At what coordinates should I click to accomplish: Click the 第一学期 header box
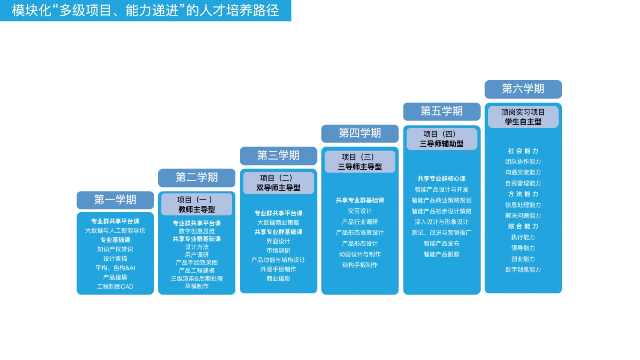click(x=115, y=200)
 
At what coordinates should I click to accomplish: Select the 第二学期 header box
click(x=196, y=178)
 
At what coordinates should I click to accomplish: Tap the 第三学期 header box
click(x=278, y=156)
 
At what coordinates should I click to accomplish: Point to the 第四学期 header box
click(x=360, y=133)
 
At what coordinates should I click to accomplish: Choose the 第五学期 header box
click(x=442, y=111)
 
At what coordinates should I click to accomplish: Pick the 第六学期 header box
click(x=523, y=89)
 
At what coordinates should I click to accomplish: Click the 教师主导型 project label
click(x=196, y=209)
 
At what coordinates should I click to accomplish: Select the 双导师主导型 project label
click(x=278, y=188)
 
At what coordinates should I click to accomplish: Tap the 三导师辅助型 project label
click(x=441, y=144)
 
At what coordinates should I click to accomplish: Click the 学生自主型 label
click(x=523, y=122)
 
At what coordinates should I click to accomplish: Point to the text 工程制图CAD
click(x=115, y=286)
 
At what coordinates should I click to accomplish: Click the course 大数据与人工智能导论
click(x=115, y=230)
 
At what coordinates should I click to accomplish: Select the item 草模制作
click(x=196, y=286)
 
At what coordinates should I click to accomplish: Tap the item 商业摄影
click(x=278, y=278)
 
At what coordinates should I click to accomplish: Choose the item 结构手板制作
click(x=360, y=265)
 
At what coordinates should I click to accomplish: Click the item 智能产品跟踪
click(x=441, y=254)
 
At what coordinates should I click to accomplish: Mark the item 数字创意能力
click(x=523, y=270)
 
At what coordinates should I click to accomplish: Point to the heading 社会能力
click(x=523, y=151)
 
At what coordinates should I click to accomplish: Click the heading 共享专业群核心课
click(x=441, y=178)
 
